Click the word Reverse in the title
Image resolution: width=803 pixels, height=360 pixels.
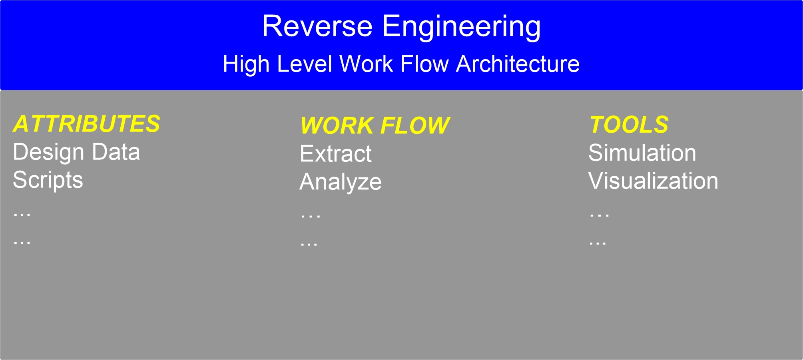[317, 26]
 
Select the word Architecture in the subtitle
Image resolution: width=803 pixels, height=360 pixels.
[518, 64]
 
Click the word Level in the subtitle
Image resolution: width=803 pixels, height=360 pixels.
[304, 64]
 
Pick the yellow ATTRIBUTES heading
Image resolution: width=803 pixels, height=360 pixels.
[87, 123]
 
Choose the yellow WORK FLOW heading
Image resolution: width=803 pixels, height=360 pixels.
[375, 126]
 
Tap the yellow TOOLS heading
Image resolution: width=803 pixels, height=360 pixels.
[629, 125]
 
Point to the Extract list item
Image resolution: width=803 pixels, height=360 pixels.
[336, 154]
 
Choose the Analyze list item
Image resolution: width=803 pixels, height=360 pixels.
[341, 183]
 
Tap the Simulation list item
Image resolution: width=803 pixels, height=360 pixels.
[642, 153]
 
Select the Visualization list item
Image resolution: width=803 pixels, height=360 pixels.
[654, 181]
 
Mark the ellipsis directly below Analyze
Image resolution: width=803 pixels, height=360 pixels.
[311, 216]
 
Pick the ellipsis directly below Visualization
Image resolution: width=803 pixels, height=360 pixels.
[599, 215]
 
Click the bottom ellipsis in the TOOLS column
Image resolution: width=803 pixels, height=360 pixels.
[598, 243]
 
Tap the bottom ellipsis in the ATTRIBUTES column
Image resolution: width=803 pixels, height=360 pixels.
[22, 242]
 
